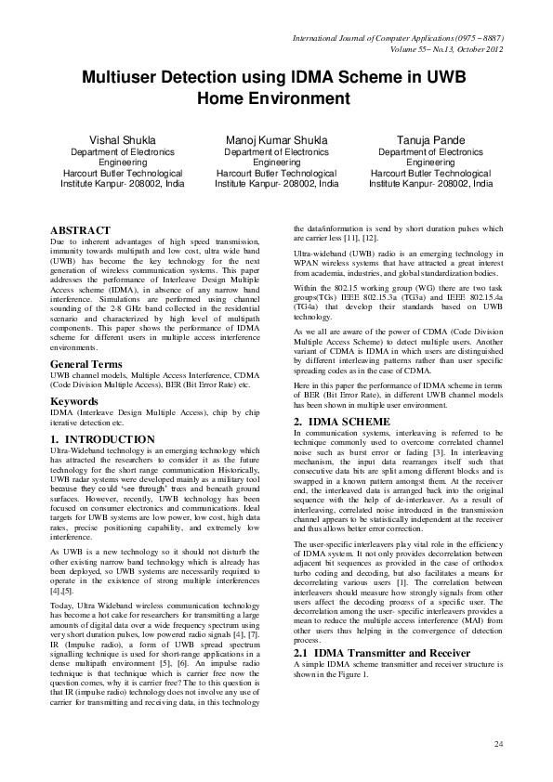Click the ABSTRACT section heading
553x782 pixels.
click(80, 229)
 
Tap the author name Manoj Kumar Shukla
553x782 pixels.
click(277, 139)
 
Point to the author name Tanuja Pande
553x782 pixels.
click(431, 139)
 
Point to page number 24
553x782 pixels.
click(498, 744)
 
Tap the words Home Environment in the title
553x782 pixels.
click(276, 98)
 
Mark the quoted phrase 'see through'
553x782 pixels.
click(142, 485)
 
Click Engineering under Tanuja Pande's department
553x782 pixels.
click(431, 162)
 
